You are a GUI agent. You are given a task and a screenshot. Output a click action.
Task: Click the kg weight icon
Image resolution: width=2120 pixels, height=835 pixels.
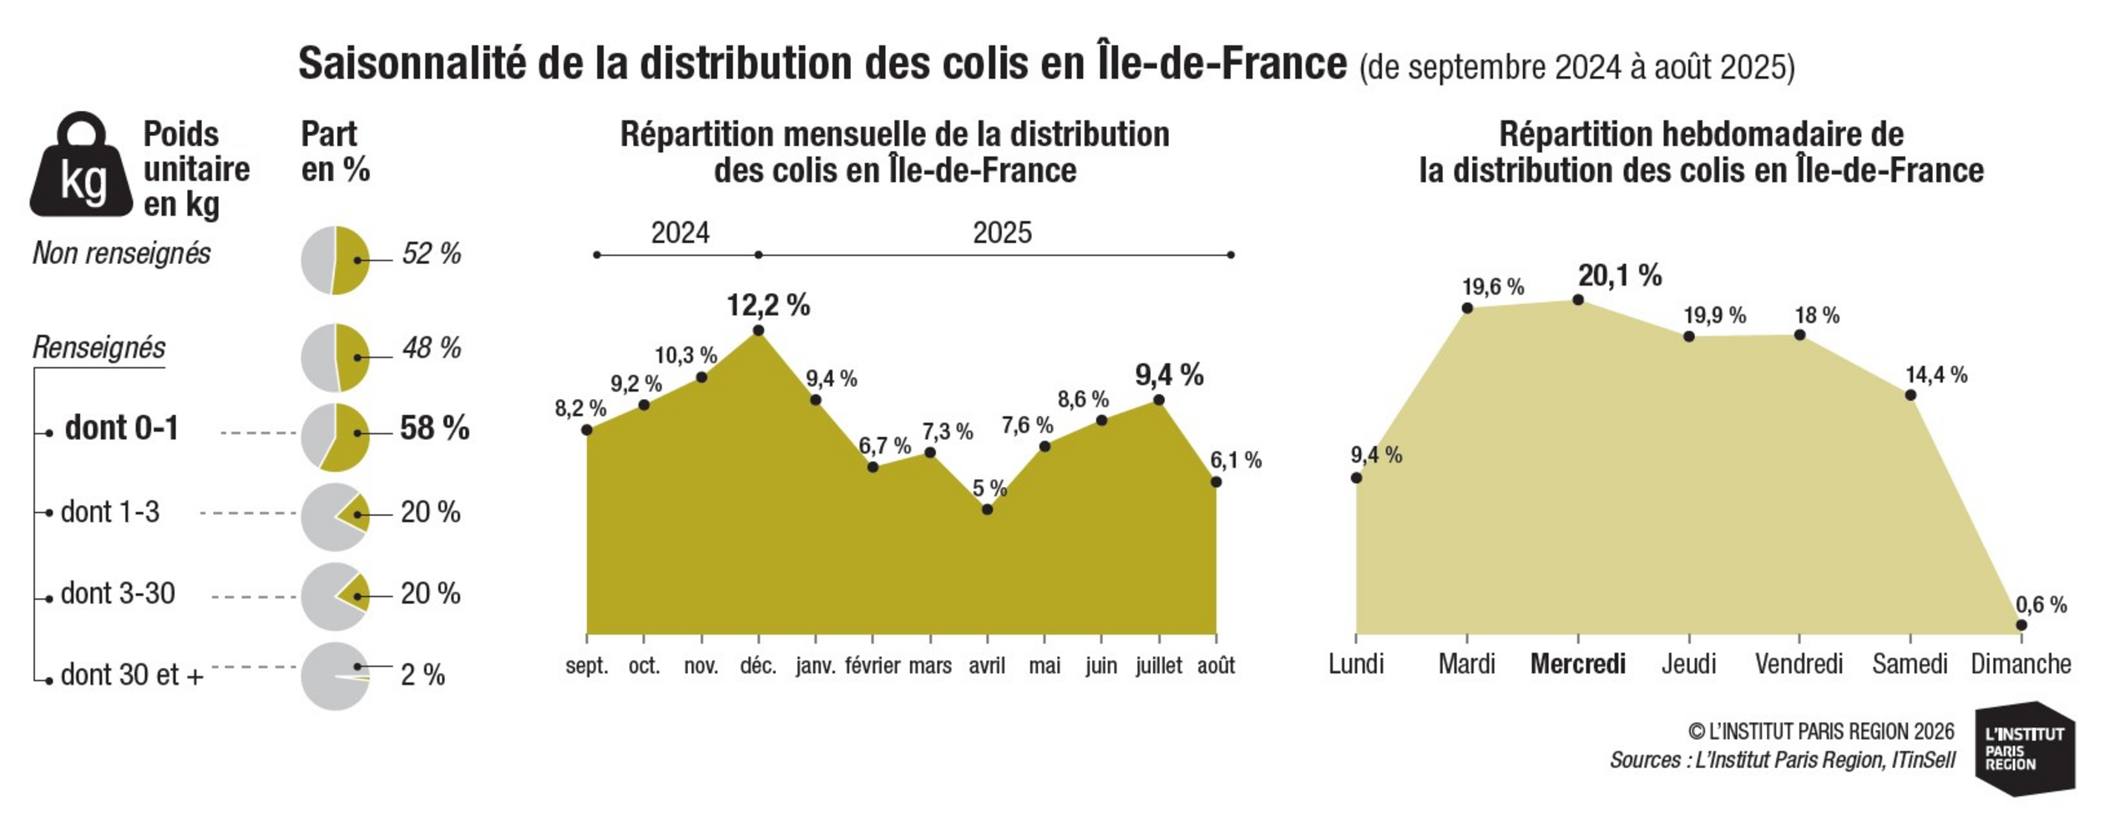click(x=81, y=164)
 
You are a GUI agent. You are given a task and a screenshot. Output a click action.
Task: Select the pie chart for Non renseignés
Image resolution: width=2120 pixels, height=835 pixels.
click(x=335, y=261)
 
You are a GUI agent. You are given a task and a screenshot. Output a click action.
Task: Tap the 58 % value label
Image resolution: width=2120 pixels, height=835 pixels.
click(x=434, y=428)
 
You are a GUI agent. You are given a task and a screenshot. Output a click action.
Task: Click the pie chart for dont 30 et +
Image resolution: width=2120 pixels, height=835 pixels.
click(x=335, y=676)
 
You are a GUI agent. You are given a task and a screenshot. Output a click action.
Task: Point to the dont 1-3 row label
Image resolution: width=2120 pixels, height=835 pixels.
click(x=110, y=512)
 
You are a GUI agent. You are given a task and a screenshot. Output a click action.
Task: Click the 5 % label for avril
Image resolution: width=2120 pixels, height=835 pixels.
click(x=989, y=488)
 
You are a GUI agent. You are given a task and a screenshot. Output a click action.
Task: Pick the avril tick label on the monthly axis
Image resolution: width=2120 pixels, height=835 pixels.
click(x=987, y=665)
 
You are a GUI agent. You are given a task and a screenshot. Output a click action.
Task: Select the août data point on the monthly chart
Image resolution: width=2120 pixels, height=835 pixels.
click(x=1216, y=482)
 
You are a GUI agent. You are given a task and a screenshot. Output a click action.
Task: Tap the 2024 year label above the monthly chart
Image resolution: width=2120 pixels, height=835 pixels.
click(x=680, y=232)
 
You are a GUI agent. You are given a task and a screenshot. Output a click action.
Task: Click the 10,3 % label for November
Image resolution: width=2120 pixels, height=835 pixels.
click(x=686, y=356)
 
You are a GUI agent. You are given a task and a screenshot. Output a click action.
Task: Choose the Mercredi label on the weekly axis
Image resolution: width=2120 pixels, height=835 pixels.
click(x=1577, y=664)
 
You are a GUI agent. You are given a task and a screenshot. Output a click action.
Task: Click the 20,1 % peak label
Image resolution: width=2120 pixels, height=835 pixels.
click(x=1620, y=275)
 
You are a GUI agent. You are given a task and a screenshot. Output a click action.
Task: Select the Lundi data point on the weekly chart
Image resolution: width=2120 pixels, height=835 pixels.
click(x=1356, y=478)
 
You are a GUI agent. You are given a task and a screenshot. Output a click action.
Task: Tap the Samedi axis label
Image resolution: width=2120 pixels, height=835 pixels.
click(x=1910, y=664)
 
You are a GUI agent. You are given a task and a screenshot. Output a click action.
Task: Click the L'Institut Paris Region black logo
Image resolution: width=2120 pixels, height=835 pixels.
click(x=2025, y=749)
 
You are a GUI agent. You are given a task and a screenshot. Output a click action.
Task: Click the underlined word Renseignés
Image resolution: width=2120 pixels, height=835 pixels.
click(x=99, y=347)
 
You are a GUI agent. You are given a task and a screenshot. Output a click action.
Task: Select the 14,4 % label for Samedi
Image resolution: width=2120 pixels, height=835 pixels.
click(x=1936, y=375)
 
